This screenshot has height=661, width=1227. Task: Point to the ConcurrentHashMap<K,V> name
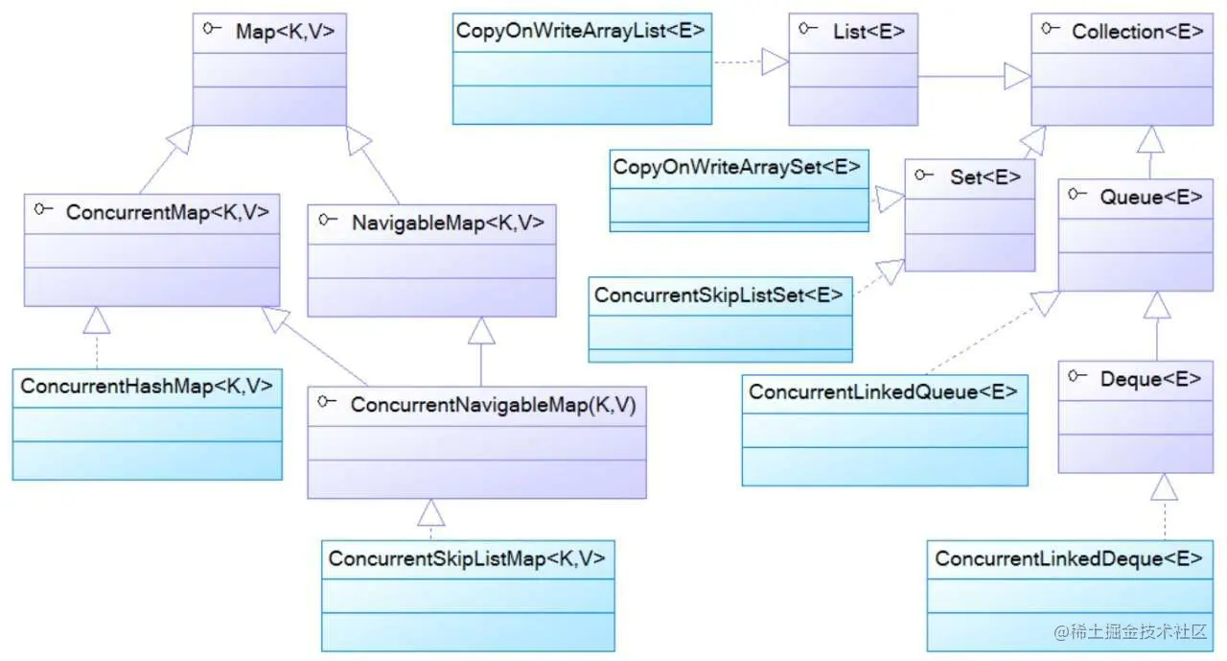click(x=147, y=386)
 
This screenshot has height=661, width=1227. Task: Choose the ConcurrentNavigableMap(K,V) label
click(x=493, y=405)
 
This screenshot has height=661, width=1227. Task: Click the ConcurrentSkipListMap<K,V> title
click(x=467, y=558)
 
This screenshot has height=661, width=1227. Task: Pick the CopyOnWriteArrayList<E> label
click(x=581, y=30)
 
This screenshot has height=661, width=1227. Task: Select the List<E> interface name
click(x=856, y=31)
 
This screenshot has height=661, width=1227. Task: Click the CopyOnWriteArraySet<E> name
click(x=738, y=166)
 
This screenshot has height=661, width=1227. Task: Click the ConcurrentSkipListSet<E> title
click(x=718, y=295)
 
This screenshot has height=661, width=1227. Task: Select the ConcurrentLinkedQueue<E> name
click(x=883, y=391)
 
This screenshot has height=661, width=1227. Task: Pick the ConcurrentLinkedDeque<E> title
click(x=1069, y=557)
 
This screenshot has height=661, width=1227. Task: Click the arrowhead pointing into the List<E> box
click(x=775, y=63)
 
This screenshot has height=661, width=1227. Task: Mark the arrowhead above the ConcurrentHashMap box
click(x=96, y=320)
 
